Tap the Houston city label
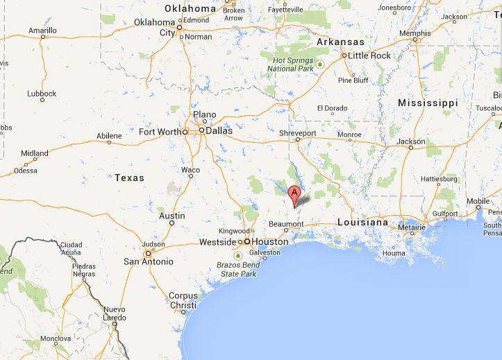tap(269, 241)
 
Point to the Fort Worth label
tap(160, 132)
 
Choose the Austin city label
tap(172, 216)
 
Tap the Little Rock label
tap(369, 55)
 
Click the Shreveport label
tap(298, 133)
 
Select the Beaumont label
tap(286, 225)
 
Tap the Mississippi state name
tap(428, 103)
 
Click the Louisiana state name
tap(362, 222)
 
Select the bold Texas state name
tap(129, 178)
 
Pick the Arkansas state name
tap(340, 42)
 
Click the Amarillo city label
tap(42, 31)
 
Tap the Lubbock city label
tap(42, 93)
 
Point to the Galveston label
tap(270, 253)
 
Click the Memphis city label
tap(415, 33)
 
